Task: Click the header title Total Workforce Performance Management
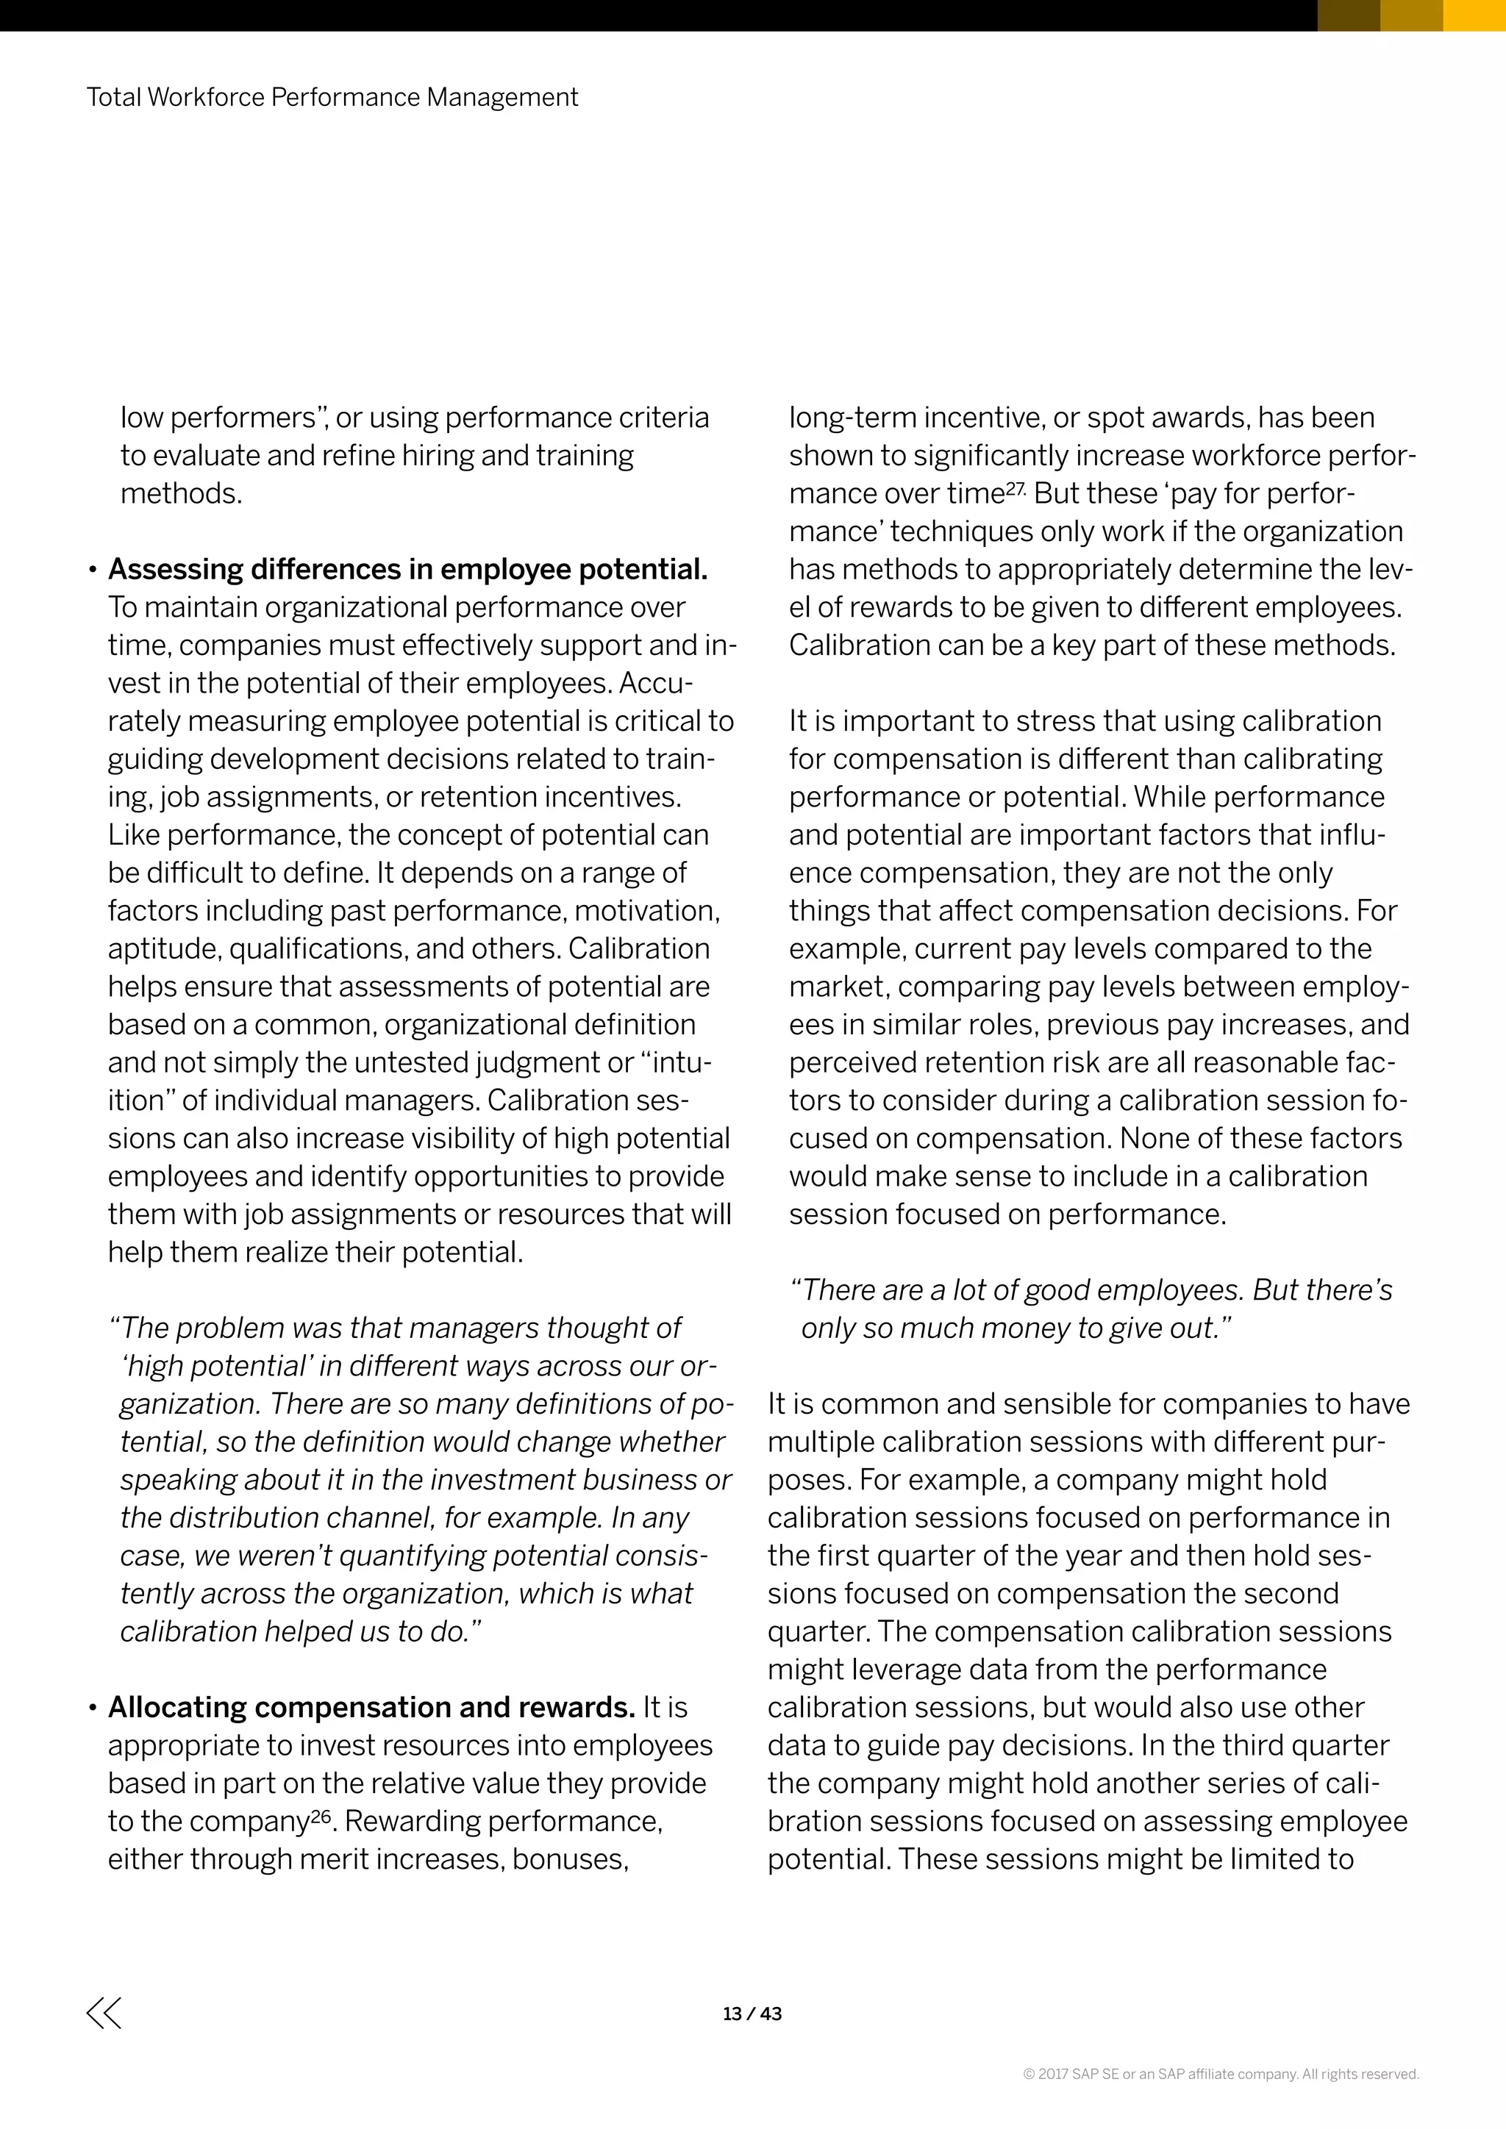coord(332,97)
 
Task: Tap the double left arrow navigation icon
coord(104,2012)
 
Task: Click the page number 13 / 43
coord(752,2013)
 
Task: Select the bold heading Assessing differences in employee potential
coord(408,569)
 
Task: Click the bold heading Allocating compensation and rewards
coord(371,1708)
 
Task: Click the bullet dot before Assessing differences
coord(93,571)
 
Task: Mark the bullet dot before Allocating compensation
coord(93,1710)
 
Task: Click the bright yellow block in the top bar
coord(1474,15)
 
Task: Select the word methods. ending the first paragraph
coord(181,493)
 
